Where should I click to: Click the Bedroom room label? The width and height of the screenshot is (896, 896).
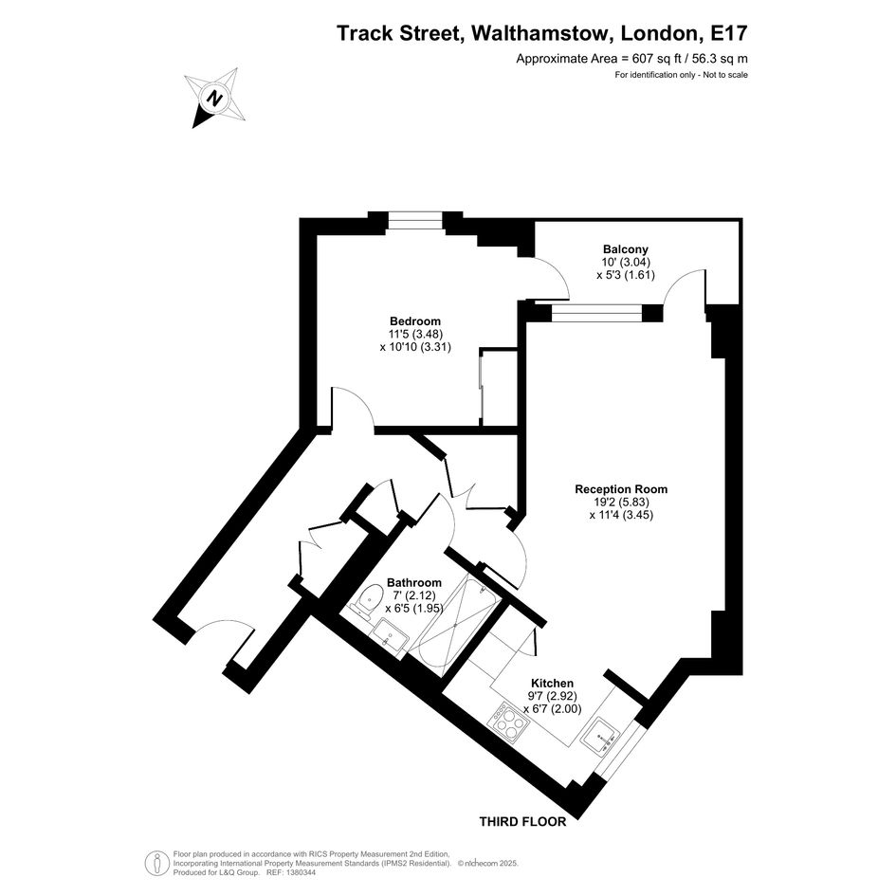click(x=414, y=321)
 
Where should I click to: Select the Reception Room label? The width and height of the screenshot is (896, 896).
click(x=621, y=489)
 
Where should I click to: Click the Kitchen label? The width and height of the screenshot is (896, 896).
click(x=552, y=683)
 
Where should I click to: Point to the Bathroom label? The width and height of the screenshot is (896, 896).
click(x=413, y=582)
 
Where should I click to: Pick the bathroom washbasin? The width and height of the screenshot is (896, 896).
click(x=389, y=632)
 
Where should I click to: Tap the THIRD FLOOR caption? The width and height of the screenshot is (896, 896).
click(x=522, y=822)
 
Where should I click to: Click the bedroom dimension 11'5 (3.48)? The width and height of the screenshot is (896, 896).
click(x=414, y=334)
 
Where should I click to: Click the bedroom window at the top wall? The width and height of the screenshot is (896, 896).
click(x=414, y=225)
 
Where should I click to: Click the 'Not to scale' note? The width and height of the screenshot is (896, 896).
click(x=724, y=75)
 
